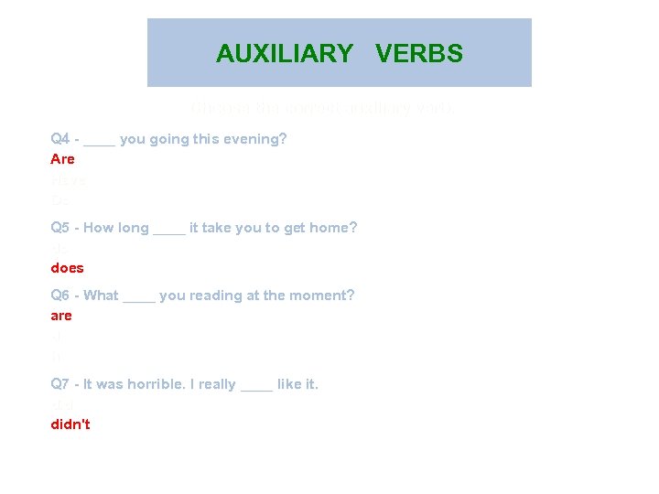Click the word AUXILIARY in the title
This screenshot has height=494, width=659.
[x=284, y=54]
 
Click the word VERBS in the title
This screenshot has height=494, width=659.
[x=419, y=54]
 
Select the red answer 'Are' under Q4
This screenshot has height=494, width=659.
[x=62, y=159]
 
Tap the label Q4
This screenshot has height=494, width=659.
[x=60, y=139]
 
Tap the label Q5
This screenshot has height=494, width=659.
[x=60, y=228]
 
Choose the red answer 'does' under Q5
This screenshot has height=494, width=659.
[x=67, y=268]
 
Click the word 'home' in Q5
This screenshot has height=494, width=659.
[x=328, y=228]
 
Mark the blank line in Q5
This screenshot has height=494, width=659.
[x=169, y=231]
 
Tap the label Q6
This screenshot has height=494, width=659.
[x=60, y=295]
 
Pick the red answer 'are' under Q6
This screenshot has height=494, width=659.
[x=61, y=316]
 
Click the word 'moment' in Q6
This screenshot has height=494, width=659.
[x=322, y=295]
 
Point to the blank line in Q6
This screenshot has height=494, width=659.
[x=138, y=298]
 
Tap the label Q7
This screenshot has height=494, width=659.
[x=60, y=385]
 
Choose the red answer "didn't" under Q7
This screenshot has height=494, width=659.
[x=70, y=424]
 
